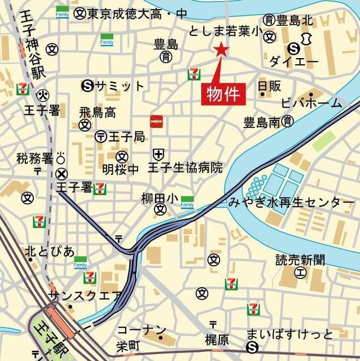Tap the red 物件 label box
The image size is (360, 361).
pos(224,94)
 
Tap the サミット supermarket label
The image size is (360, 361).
pos(120,86)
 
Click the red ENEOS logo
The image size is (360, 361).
pos(156,122)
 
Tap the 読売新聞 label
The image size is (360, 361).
pos(300,260)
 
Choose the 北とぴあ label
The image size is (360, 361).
pos(49,250)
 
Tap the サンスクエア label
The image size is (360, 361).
pos(85,295)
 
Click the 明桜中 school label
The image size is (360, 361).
pos(120,169)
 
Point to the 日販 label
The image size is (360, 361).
pos(269,86)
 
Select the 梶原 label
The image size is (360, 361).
pos(217,340)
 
